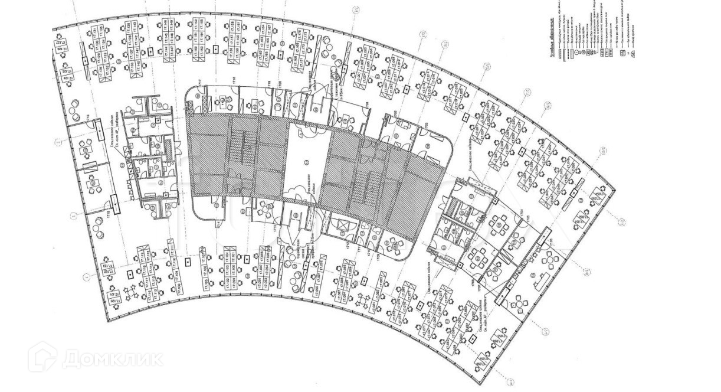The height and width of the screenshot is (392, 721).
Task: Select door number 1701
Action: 367,105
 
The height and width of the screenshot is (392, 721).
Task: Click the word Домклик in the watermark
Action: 112,358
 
